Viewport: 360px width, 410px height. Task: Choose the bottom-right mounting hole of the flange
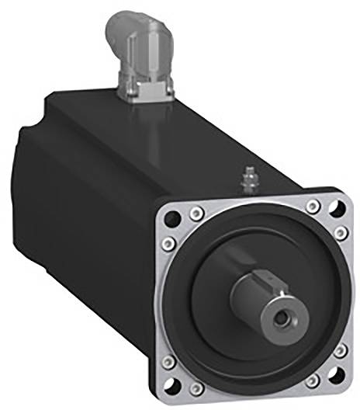coord(334,380)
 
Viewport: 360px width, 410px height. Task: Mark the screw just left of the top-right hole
coord(313,205)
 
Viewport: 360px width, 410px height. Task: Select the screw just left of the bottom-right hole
coord(313,382)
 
